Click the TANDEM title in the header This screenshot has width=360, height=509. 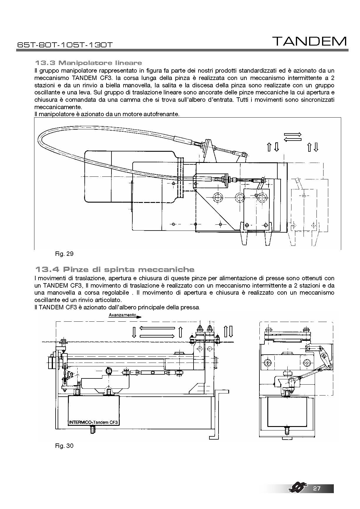309,41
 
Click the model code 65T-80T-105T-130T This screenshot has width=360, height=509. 65,45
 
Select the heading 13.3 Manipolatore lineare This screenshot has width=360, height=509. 88,63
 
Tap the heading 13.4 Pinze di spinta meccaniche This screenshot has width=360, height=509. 114,269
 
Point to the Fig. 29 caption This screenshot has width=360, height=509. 64,254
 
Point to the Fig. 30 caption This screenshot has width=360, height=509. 64,445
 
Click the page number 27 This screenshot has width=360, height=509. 317,489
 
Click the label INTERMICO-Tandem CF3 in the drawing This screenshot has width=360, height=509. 93,423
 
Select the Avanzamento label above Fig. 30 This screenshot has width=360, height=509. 122,315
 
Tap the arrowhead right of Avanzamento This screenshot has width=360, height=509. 139,317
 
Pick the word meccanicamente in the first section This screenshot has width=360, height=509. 58,107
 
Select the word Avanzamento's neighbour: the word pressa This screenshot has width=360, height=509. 191,308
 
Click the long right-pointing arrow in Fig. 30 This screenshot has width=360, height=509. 157,336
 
